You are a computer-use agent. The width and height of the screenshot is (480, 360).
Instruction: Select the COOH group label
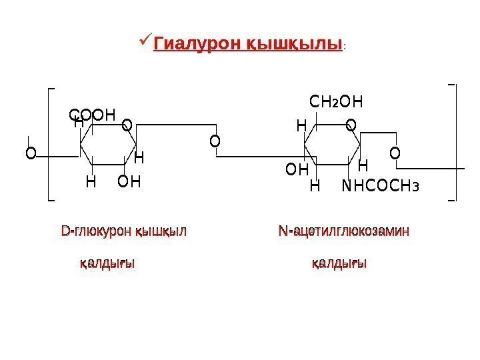[93, 115]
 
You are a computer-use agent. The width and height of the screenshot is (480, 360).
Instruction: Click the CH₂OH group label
[337, 102]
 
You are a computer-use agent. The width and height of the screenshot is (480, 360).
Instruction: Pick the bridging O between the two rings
[214, 141]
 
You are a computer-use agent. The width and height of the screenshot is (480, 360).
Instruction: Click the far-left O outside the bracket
[30, 154]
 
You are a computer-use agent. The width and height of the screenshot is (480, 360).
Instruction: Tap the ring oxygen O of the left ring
[127, 124]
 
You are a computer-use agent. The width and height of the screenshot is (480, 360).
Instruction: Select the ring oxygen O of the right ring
[351, 125]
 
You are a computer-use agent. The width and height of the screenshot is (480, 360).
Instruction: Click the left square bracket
[51, 143]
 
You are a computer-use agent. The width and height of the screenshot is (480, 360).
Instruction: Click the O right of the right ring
[395, 154]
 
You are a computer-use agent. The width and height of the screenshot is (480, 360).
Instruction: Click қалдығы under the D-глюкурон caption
[107, 264]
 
